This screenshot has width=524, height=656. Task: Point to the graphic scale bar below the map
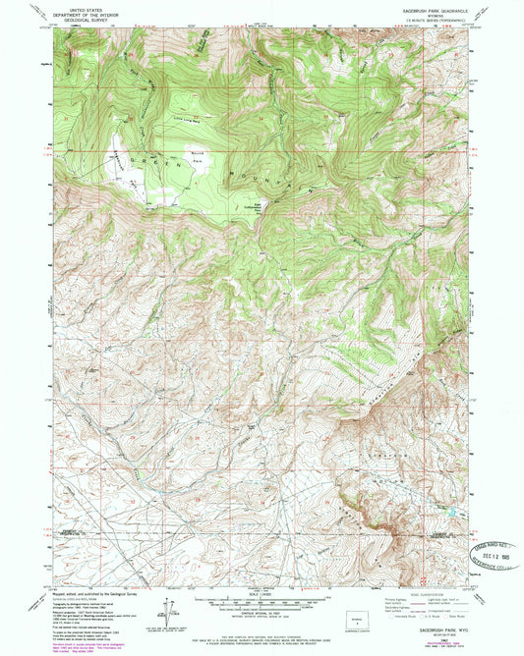point(261,600)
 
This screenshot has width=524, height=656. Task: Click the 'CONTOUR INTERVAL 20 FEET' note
point(261,615)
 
